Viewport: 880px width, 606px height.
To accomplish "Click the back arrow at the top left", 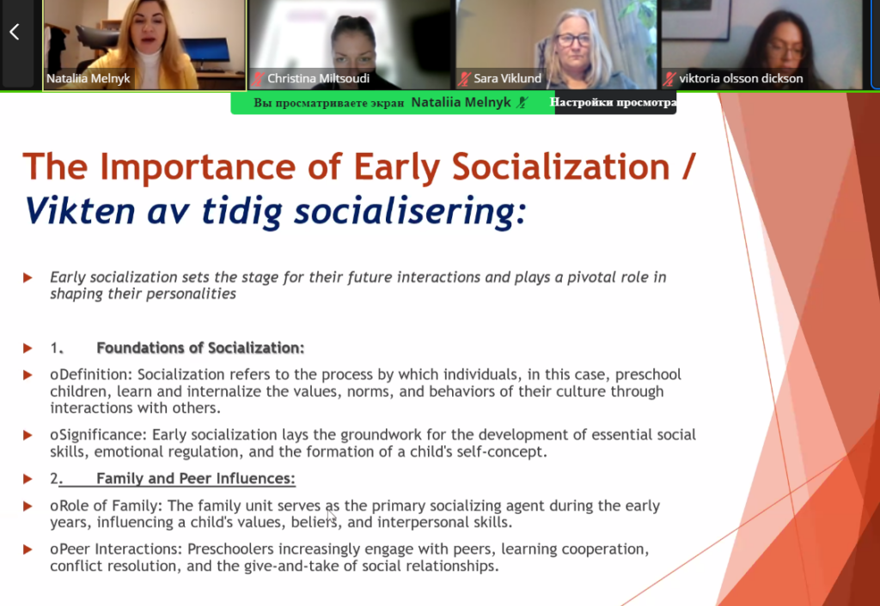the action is point(15,32).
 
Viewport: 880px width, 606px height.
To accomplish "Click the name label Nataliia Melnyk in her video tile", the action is point(89,78).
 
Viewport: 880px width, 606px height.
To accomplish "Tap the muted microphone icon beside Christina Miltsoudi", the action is point(258,79).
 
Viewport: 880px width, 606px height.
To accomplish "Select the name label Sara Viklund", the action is point(507,78).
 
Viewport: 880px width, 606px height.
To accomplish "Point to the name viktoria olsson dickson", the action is point(741,78).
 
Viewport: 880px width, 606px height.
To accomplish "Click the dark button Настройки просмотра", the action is point(615,103).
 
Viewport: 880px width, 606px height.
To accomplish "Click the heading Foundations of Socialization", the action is point(200,348).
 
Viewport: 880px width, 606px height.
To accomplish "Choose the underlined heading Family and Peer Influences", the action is point(196,478).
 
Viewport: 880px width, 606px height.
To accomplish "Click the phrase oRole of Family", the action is point(106,506).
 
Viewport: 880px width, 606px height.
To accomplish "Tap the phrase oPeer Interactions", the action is point(116,549).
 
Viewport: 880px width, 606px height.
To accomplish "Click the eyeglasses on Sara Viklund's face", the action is point(574,40).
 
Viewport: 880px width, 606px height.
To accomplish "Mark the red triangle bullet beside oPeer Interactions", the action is point(27,550).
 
